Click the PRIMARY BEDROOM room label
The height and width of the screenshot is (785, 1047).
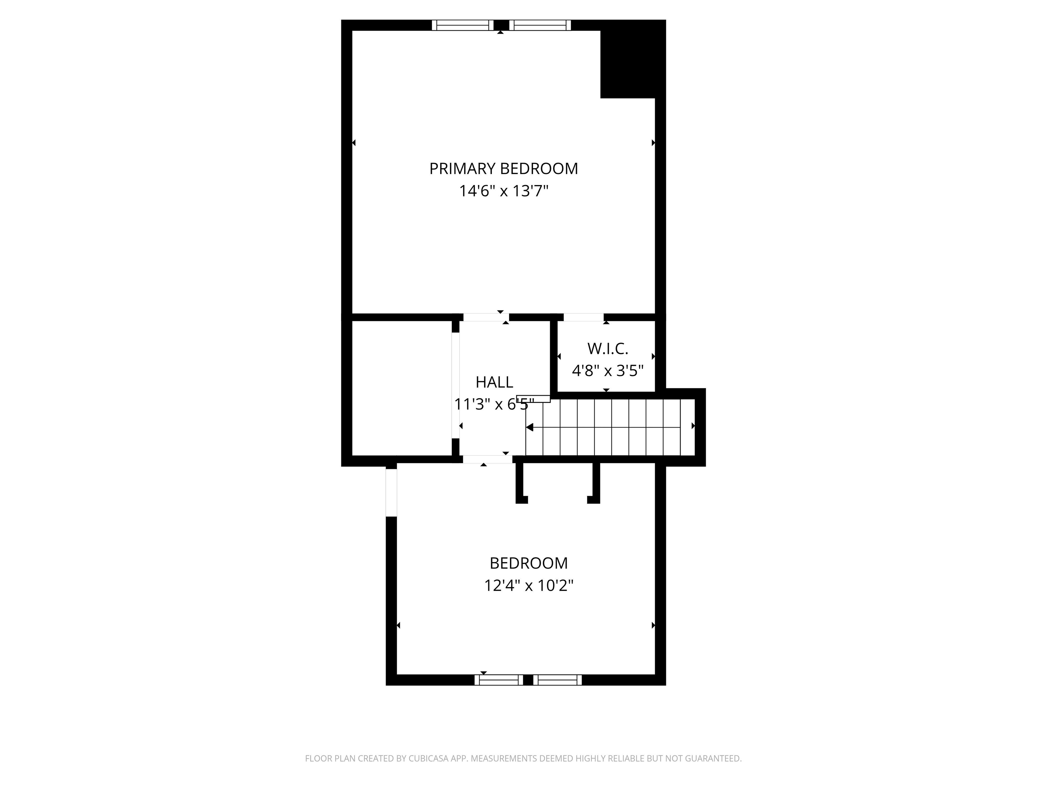pos(503,169)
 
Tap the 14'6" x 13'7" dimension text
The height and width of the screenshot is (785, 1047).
pos(503,191)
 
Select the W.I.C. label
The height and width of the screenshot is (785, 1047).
pos(607,349)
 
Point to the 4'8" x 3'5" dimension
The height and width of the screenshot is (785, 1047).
pos(607,370)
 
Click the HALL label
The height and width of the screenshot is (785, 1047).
pos(494,382)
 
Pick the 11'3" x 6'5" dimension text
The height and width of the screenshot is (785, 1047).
pos(494,404)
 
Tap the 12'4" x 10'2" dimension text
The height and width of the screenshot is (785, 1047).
pos(528,586)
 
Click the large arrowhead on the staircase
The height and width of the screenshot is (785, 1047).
pos(530,427)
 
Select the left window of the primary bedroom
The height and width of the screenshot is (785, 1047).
pos(462,25)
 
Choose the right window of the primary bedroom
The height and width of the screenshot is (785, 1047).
pos(540,25)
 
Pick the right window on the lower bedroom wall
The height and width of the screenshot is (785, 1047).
pos(558,680)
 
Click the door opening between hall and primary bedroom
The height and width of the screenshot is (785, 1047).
pos(486,317)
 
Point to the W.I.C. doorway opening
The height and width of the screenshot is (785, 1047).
pos(583,317)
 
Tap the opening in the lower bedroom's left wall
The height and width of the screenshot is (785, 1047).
pos(391,492)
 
